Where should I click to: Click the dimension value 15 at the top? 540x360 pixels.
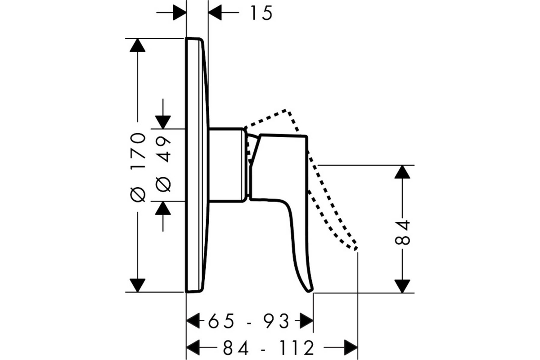point(261,13)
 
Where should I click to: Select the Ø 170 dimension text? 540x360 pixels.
point(138,167)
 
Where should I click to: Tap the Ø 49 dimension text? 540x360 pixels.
point(163,164)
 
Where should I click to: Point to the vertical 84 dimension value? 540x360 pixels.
point(402,232)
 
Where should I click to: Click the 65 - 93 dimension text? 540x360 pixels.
point(248,321)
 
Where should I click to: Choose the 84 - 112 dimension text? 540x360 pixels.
point(268,348)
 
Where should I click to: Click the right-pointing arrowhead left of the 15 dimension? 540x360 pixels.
point(180,12)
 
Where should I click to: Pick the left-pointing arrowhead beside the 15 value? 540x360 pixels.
point(215,12)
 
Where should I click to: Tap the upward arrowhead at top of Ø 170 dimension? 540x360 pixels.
point(137,45)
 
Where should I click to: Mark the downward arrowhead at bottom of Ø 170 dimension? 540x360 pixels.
point(137,285)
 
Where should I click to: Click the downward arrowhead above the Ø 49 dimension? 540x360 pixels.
point(163,122)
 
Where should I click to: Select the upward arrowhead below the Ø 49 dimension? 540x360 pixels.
point(163,208)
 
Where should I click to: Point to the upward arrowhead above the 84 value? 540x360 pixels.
point(402,172)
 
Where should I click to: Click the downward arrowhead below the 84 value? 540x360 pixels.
point(402,286)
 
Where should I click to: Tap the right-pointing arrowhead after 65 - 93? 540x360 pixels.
point(306,321)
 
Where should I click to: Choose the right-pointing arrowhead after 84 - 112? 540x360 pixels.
point(351,347)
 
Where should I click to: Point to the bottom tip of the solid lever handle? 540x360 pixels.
point(310,291)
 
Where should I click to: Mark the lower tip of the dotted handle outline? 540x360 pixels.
point(355,249)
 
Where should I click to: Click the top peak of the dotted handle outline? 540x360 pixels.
point(286,111)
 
